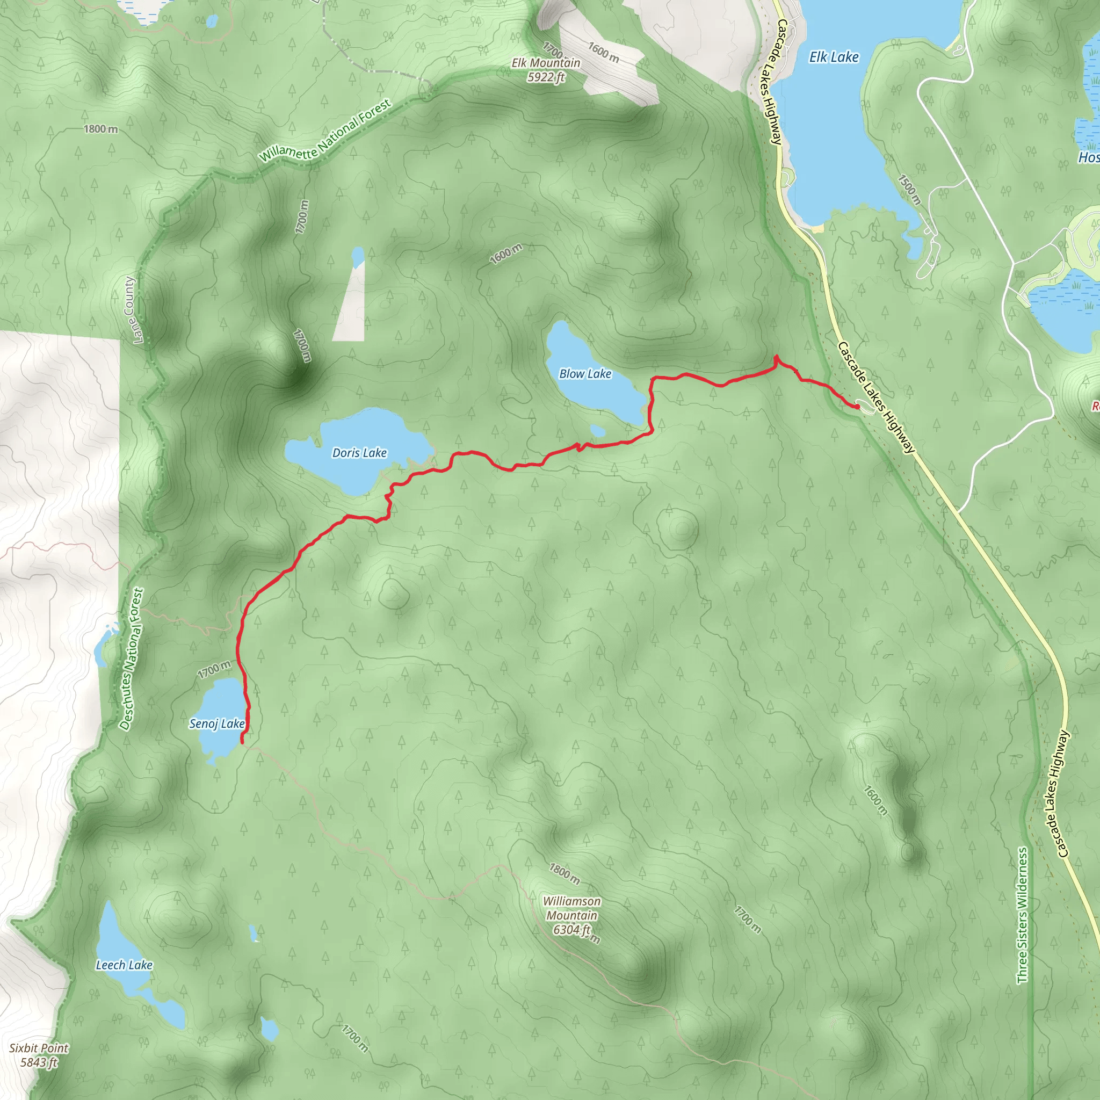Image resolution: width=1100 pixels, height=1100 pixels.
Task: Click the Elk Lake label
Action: click(834, 57)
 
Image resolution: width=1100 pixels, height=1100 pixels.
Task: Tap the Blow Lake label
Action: click(585, 373)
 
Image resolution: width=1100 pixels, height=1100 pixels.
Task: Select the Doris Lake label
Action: click(359, 453)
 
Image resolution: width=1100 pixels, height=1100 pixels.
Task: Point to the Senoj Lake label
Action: click(217, 723)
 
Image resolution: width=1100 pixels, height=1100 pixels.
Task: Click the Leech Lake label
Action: click(124, 965)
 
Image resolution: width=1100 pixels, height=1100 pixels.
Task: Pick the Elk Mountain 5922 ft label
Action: click(546, 69)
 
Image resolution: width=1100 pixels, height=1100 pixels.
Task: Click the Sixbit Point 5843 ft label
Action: click(39, 1054)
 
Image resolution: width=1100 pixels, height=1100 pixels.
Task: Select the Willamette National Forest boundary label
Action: click(325, 131)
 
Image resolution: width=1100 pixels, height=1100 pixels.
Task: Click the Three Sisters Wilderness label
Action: click(1023, 915)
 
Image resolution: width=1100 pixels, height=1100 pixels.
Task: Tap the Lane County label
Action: click(131, 310)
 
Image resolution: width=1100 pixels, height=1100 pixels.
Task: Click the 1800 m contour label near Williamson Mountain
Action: click(565, 874)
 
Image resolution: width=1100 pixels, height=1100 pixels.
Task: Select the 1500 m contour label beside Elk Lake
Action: click(909, 190)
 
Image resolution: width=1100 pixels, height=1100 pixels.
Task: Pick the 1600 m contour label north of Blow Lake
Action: click(505, 254)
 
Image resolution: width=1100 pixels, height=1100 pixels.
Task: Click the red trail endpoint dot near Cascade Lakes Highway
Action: click(857, 407)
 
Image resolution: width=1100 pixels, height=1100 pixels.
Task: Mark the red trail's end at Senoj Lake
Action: click(243, 742)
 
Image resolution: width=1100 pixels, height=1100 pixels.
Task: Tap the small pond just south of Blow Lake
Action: click(597, 430)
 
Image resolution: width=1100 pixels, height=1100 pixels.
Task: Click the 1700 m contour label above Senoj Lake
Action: click(214, 669)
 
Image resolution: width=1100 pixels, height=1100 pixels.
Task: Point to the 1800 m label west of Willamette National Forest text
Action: click(101, 129)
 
